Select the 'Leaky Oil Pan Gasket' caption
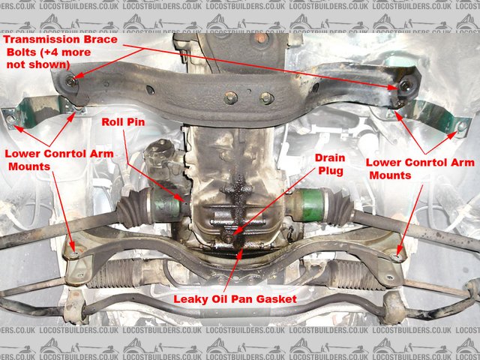[x=235, y=298]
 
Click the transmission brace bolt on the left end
[x=70, y=80]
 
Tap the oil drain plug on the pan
[x=227, y=238]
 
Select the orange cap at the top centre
[x=262, y=37]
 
